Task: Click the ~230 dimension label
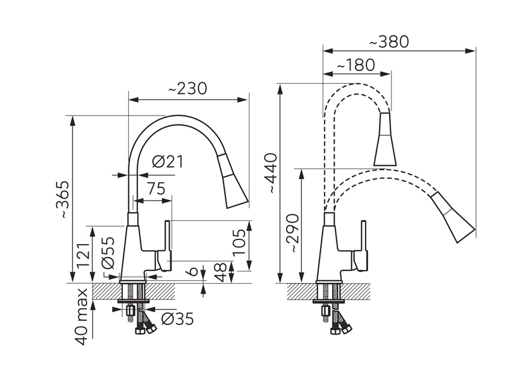pyautogui.click(x=187, y=89)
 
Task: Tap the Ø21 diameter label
pyautogui.click(x=167, y=162)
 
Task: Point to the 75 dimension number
pyautogui.click(x=156, y=189)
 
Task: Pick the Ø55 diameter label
pyautogui.click(x=108, y=253)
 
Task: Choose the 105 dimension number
pyautogui.click(x=239, y=242)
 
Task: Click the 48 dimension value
pyautogui.click(x=220, y=272)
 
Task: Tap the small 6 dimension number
pyautogui.click(x=192, y=271)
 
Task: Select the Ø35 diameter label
pyautogui.click(x=177, y=319)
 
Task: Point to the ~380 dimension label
pyautogui.click(x=389, y=42)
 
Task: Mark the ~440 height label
pyautogui.click(x=271, y=173)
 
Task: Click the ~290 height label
pyautogui.click(x=293, y=233)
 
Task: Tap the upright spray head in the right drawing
pyautogui.click(x=385, y=139)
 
